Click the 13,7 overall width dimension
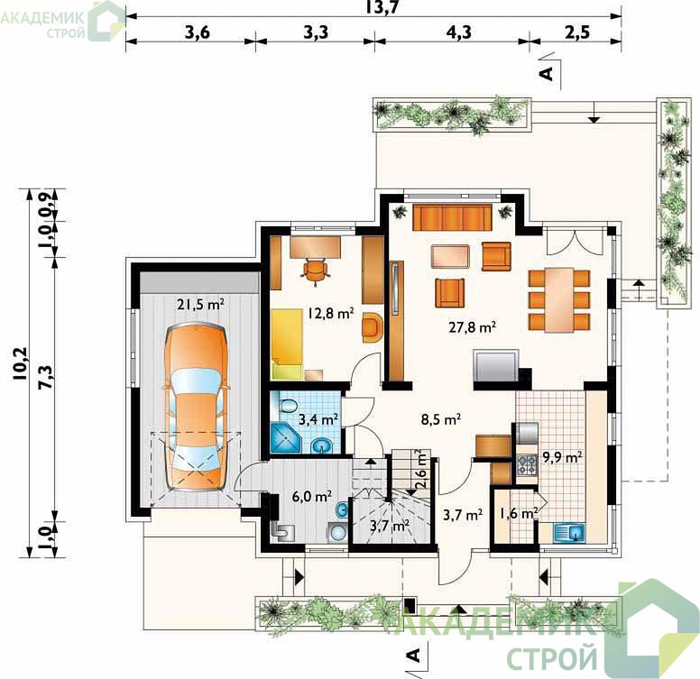pos(382,7)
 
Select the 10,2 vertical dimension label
pos(20,363)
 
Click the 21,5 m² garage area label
pos(200,304)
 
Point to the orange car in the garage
pos(196,407)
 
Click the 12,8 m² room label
pos(331,313)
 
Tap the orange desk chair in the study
pos(316,271)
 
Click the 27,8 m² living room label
pos(473,327)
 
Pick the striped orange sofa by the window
pos(452,217)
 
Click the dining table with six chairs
pos(559,299)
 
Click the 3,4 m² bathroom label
pos(318,419)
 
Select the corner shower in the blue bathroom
pos(287,437)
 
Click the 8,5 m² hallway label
pos(441,419)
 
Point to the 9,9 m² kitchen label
pos(562,457)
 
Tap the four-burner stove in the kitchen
pos(527,464)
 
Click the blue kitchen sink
pos(569,533)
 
